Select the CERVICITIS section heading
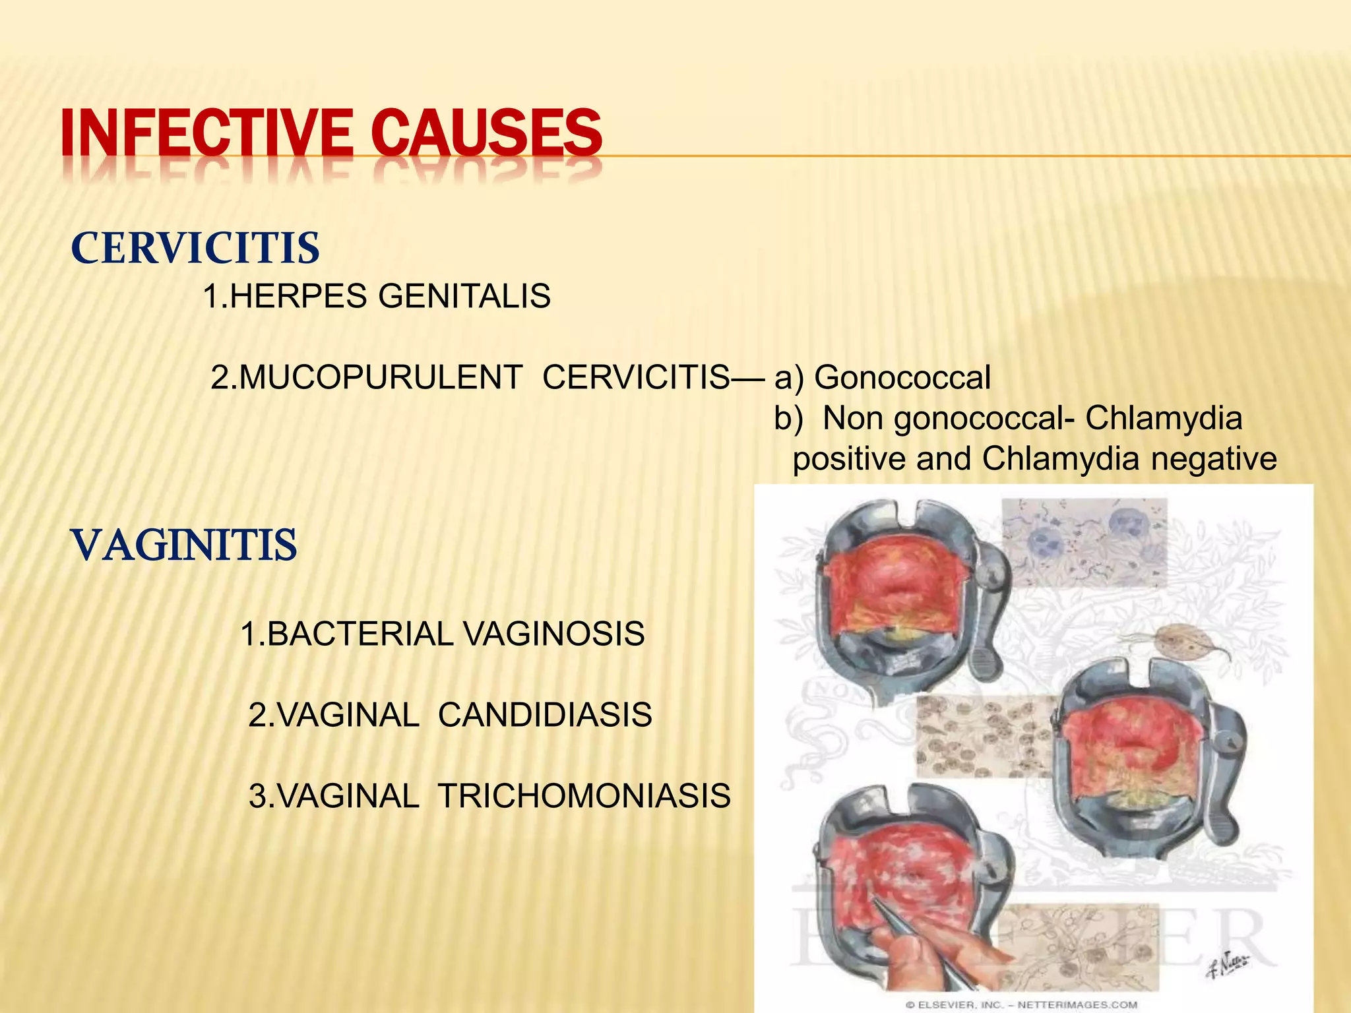(x=195, y=249)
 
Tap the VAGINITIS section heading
(x=184, y=545)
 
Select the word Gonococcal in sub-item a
(x=902, y=377)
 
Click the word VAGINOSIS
(x=553, y=634)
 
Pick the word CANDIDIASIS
(x=545, y=715)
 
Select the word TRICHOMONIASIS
(x=584, y=796)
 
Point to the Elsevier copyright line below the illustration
(x=1021, y=1004)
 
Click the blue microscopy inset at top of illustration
(x=1083, y=541)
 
